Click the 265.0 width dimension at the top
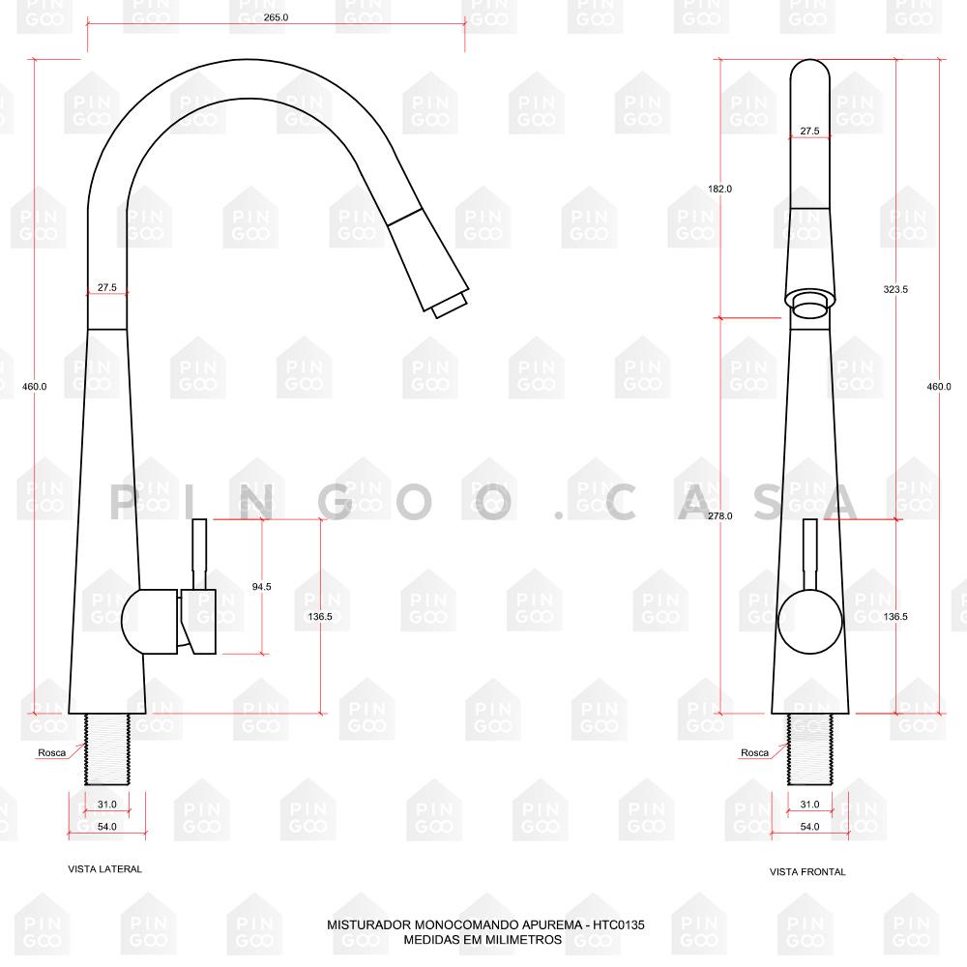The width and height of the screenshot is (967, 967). coord(276,17)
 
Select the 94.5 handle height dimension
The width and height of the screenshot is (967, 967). coord(261,587)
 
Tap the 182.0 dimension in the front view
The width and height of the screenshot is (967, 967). coord(719,189)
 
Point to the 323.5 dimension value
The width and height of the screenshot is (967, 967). coord(895,289)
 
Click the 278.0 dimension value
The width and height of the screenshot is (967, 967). coord(719,515)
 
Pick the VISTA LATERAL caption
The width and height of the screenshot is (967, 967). coord(104,869)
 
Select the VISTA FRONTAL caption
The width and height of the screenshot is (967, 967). coord(807,871)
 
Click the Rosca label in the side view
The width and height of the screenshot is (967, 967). coord(52,752)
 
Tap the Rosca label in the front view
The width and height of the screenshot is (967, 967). coord(755,752)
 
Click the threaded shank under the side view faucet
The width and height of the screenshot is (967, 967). coord(107,749)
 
